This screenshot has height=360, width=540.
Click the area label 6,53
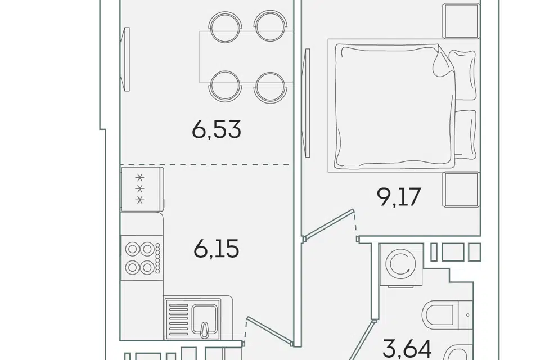pos(216,129)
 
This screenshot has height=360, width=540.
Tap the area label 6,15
pos(216,249)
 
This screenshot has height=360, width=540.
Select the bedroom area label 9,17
pos(399,197)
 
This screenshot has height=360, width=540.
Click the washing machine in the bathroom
pos(402,265)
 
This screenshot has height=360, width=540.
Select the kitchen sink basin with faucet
pos(205,319)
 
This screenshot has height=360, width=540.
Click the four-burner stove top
pos(142,258)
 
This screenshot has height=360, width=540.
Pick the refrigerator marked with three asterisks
pos(142,189)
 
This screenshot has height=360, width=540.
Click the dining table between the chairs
pos(246,57)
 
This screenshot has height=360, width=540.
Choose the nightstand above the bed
pos(461,21)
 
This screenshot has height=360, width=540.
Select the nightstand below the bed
pos(461,190)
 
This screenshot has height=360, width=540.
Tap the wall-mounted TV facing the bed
pos(305,103)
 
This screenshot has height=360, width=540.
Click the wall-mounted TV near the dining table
pos(125,59)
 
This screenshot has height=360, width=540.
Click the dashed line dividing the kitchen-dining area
pos(205,165)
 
